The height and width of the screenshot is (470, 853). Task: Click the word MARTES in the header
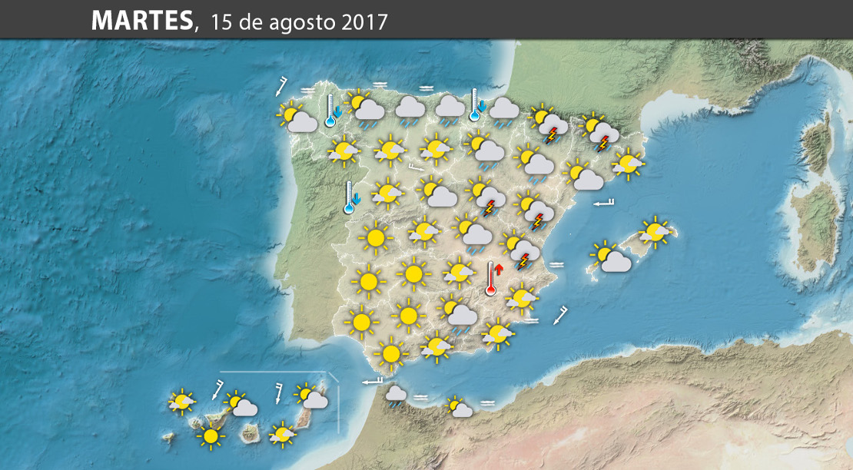click(141, 22)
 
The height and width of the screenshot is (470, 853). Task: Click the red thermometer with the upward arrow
click(492, 278)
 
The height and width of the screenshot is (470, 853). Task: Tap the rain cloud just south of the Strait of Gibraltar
click(396, 396)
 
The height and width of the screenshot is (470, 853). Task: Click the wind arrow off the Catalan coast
click(605, 203)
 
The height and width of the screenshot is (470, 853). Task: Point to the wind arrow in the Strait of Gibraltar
click(372, 381)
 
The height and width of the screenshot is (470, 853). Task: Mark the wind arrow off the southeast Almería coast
click(561, 315)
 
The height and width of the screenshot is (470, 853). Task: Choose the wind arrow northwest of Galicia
click(282, 85)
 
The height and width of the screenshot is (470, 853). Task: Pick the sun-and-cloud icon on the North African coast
click(460, 406)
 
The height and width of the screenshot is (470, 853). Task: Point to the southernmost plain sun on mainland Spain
click(391, 353)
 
